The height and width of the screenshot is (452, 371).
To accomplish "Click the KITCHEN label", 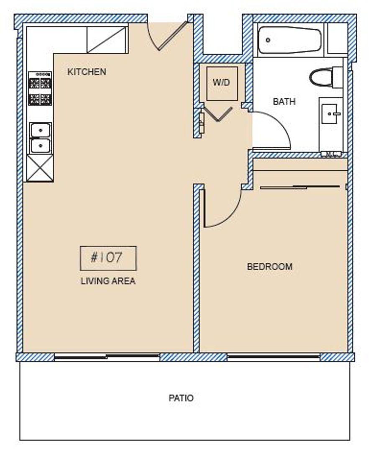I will pyautogui.click(x=87, y=72).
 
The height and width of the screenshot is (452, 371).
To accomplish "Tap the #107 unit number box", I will pyautogui.click(x=108, y=258).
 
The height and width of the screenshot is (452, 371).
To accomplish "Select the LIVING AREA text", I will pyautogui.click(x=108, y=281).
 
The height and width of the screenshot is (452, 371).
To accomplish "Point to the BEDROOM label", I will pyautogui.click(x=269, y=267).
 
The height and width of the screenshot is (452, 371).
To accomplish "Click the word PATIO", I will pyautogui.click(x=181, y=398).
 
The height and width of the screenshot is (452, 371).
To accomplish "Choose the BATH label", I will pyautogui.click(x=284, y=102).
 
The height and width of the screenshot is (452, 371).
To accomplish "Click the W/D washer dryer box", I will pyautogui.click(x=222, y=83).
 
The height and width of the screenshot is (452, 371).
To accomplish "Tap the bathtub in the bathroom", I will pyautogui.click(x=289, y=40).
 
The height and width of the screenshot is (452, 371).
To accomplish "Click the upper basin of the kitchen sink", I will pyautogui.click(x=41, y=130).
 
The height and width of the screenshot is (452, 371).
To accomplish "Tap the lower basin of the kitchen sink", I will pyautogui.click(x=41, y=146).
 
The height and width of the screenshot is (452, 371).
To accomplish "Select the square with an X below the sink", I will pyautogui.click(x=40, y=167).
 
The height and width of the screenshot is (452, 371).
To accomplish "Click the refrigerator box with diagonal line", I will pyautogui.click(x=107, y=40).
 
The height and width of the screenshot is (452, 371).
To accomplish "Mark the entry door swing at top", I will pyautogui.click(x=167, y=37).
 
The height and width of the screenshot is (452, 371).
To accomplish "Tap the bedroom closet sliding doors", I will pyautogui.click(x=300, y=187).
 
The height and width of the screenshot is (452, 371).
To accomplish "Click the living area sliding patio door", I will pyautogui.click(x=107, y=357).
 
